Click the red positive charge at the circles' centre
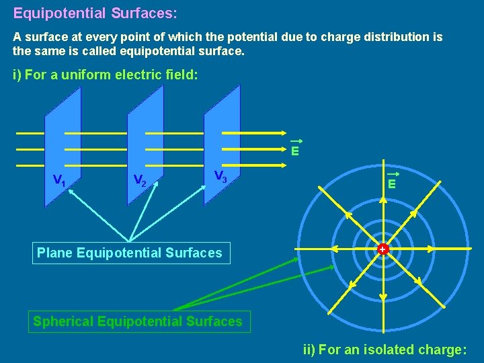click(382, 249)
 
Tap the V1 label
click(59, 180)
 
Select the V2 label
click(140, 180)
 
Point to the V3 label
click(220, 176)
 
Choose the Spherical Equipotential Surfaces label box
click(138, 321)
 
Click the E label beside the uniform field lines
click(295, 151)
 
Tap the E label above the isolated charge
click(391, 182)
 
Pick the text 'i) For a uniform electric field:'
click(106, 75)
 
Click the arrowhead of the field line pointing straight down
click(382, 296)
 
